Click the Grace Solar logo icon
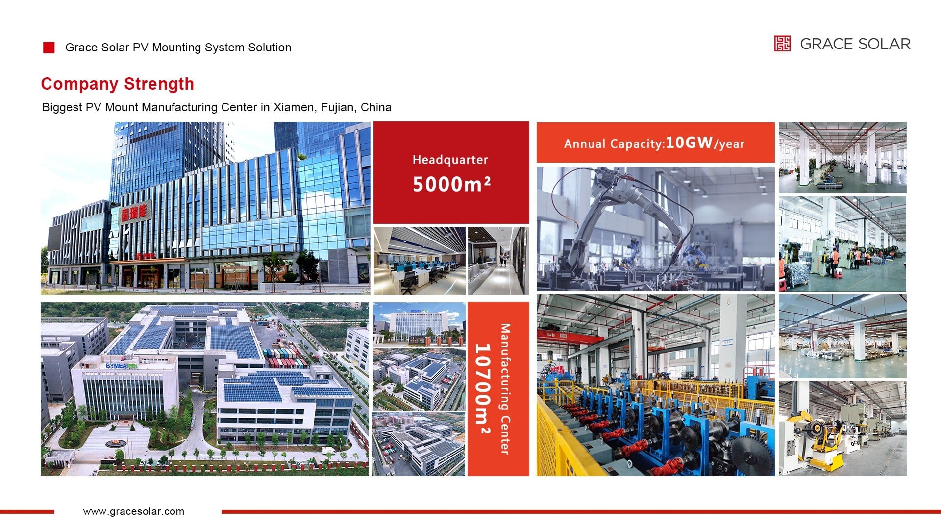[782, 44]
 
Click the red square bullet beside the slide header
[49, 48]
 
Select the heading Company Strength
[118, 84]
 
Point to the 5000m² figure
[451, 184]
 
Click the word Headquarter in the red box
[450, 160]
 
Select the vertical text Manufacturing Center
[505, 389]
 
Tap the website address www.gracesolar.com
[134, 511]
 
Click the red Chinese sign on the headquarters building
[133, 212]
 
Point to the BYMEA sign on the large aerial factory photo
[122, 366]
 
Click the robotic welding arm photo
[655, 229]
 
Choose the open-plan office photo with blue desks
[420, 261]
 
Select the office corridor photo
[498, 261]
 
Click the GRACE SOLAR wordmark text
[855, 44]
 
